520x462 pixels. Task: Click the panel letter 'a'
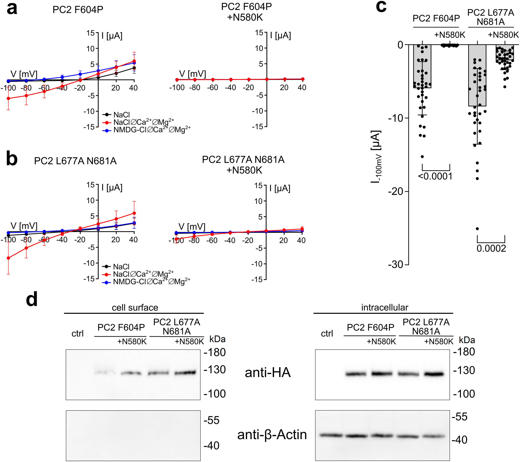click(x=12, y=9)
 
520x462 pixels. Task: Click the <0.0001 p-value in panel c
click(x=435, y=176)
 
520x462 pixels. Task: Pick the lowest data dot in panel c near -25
click(x=477, y=229)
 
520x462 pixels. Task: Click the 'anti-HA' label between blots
click(x=268, y=373)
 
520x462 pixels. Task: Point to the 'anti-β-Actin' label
click(x=272, y=435)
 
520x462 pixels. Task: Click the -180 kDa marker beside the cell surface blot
click(x=215, y=352)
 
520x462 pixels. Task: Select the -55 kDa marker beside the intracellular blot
click(x=459, y=417)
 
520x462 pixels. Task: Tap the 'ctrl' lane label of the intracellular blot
click(x=327, y=333)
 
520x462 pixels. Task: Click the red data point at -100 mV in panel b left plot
click(x=8, y=258)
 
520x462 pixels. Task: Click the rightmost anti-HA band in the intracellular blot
click(x=434, y=374)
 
